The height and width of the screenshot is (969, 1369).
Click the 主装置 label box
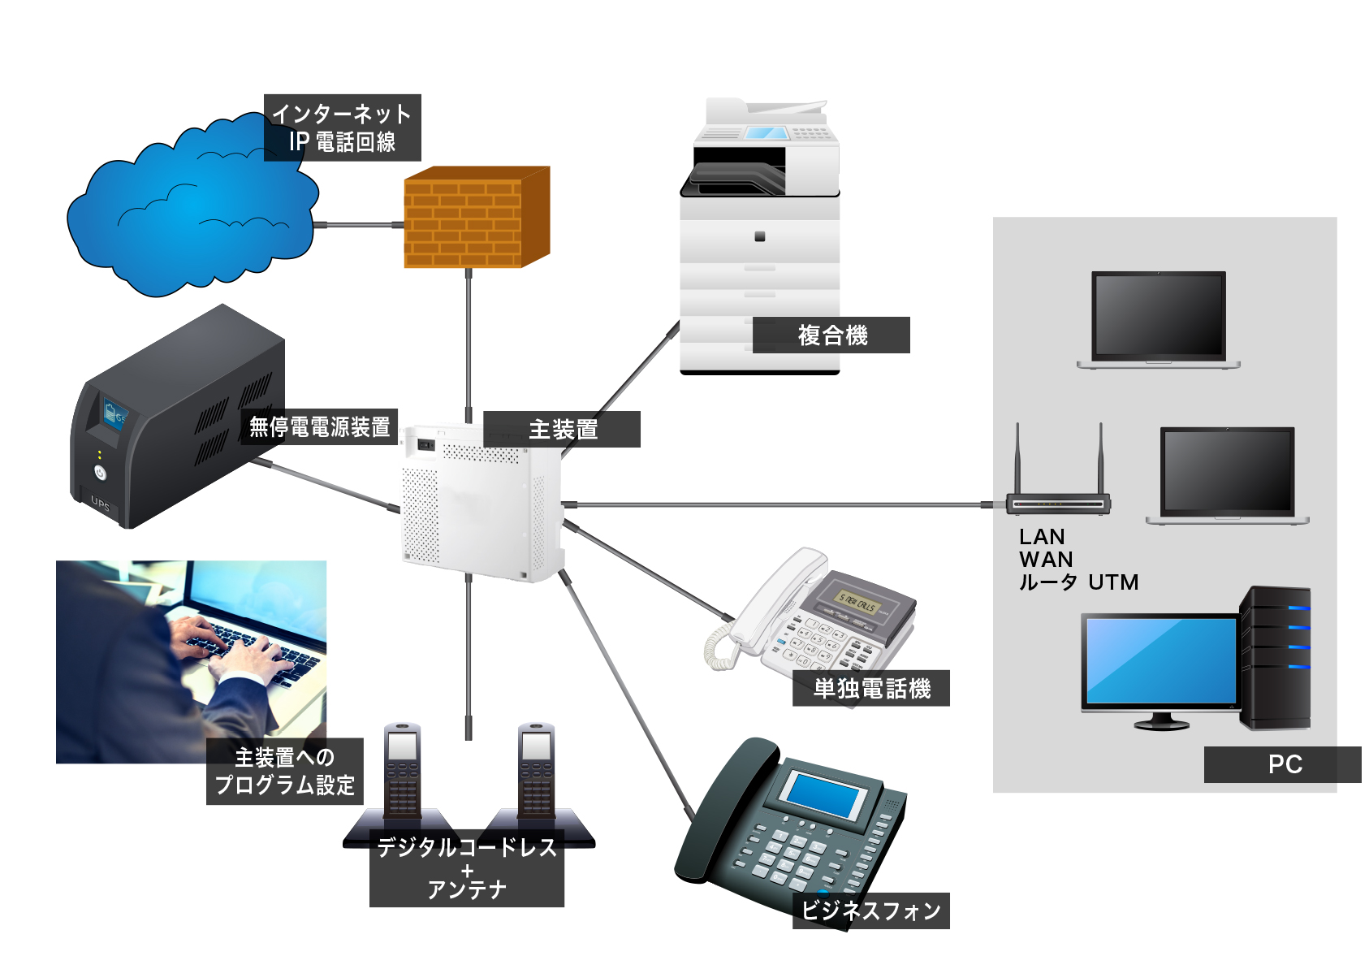pos(562,429)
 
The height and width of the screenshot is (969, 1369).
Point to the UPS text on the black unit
pos(101,503)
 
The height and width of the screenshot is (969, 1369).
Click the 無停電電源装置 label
pos(318,426)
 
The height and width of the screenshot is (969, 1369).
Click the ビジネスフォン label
pos(870,911)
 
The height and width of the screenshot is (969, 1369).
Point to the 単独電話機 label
pos(870,689)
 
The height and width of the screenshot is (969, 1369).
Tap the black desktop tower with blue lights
pos(1275,658)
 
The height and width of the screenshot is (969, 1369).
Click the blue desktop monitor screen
pos(1160,660)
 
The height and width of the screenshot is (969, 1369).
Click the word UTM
pos(1113,582)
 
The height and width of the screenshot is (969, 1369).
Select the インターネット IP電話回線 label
pos(342,128)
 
